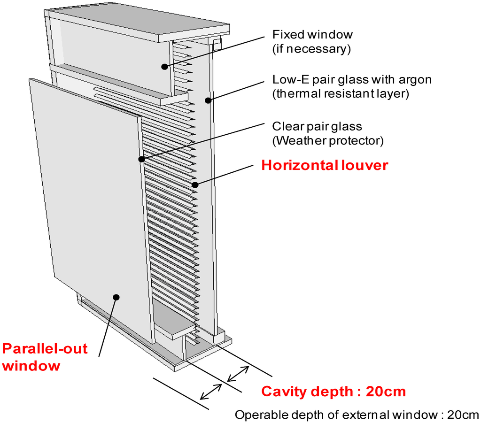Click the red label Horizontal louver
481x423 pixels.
tap(325, 165)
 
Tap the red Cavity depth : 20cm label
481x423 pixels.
tap(333, 391)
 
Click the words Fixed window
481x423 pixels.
tap(312, 35)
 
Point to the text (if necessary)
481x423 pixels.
tap(311, 49)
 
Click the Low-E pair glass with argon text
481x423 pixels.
tap(352, 79)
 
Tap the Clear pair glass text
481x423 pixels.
tap(317, 126)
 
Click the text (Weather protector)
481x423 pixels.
tap(328, 140)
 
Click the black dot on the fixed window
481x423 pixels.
tap(164, 67)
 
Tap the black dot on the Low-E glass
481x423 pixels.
tap(207, 100)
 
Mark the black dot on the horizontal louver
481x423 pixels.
tap(195, 185)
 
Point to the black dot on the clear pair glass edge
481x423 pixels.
tap(141, 160)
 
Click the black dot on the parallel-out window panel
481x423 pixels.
tap(116, 297)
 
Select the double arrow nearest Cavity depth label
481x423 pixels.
tap(238, 374)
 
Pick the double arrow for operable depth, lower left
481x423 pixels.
tap(211, 391)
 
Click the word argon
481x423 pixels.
tap(416, 79)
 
